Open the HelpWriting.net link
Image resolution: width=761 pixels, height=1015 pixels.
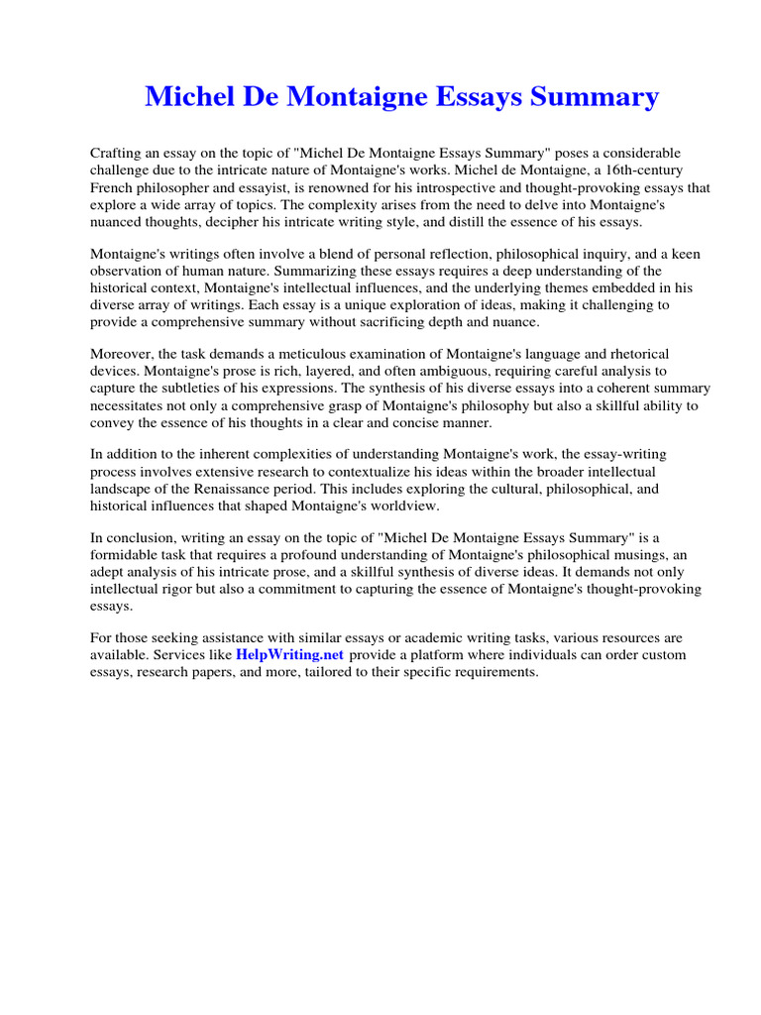tap(289, 655)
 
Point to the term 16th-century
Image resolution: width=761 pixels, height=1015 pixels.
tap(646, 170)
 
